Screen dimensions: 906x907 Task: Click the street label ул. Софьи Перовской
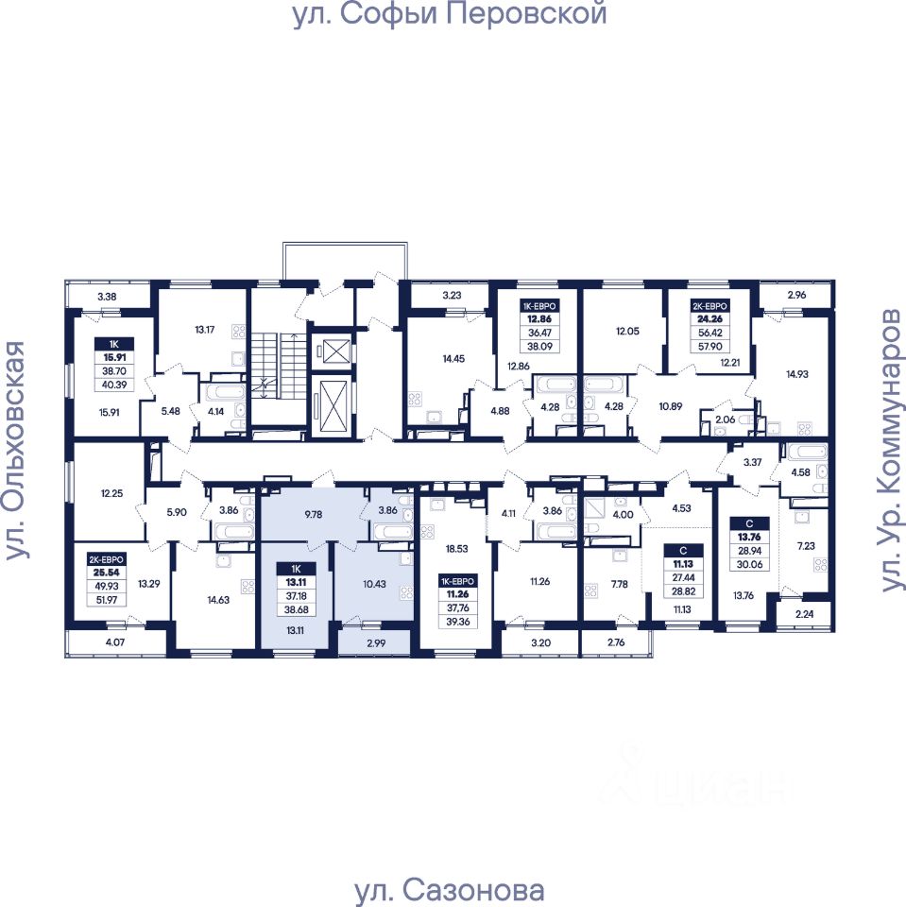449,16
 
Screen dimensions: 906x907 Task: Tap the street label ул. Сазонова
449,891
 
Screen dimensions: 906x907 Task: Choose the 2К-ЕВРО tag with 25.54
98,558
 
